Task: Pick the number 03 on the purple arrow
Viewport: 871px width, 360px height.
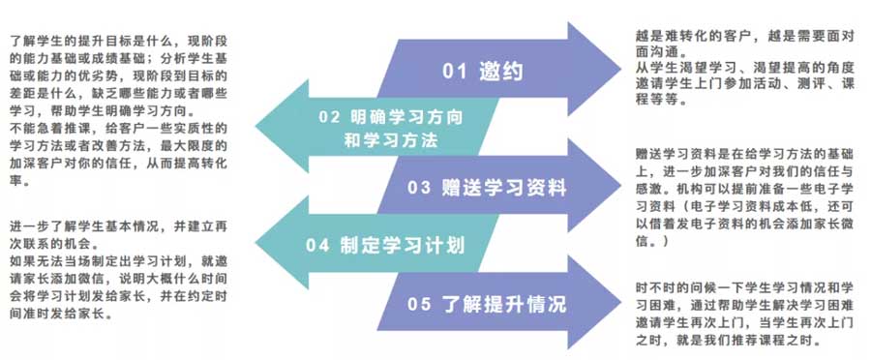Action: (419, 186)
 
